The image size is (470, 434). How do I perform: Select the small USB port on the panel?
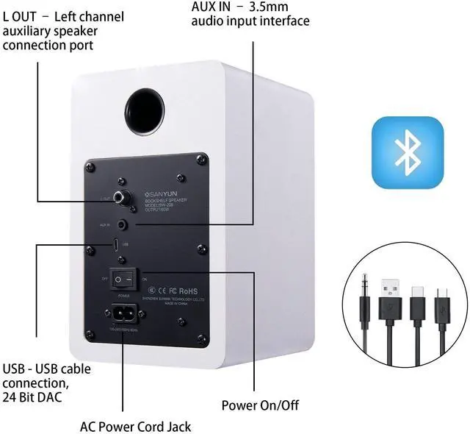point(116,243)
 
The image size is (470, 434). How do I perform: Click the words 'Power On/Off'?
point(260,405)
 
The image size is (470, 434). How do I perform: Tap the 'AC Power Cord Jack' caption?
point(135,426)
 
